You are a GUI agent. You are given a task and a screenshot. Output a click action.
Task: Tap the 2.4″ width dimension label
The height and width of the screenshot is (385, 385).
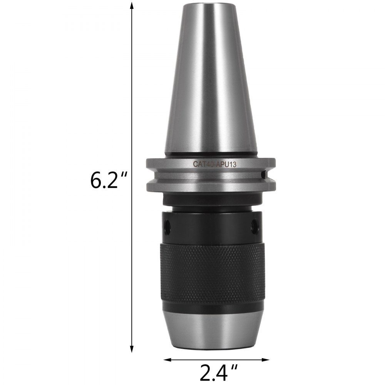coord(217,373)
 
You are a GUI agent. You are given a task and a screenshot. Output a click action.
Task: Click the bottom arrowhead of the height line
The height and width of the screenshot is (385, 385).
coord(132,351)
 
